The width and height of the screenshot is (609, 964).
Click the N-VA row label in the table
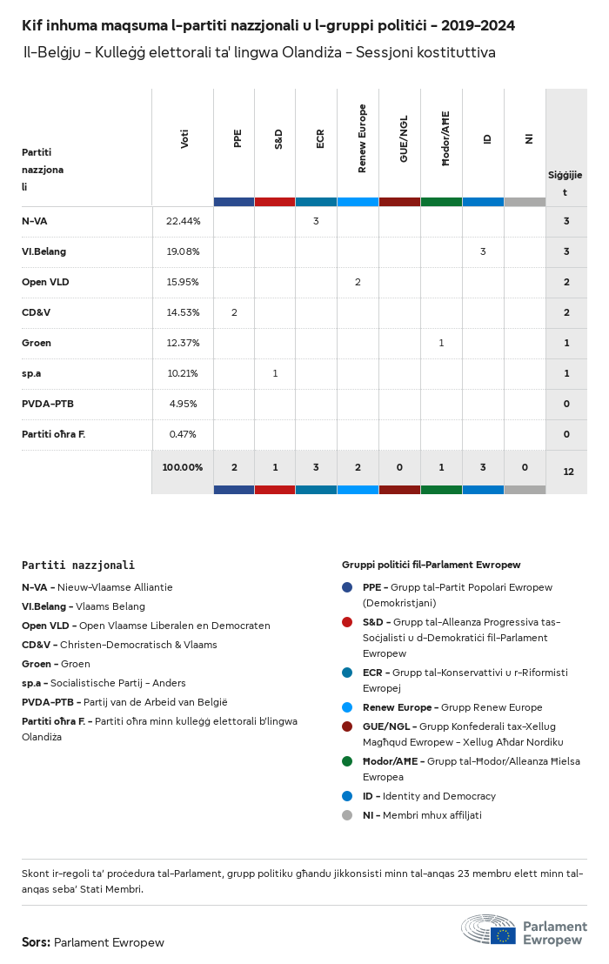pos(35,221)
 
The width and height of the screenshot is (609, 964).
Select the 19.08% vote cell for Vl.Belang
pos(183,251)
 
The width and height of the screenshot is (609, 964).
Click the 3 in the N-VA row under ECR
pos(316,221)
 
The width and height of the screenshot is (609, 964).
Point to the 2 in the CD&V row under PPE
pos(234,312)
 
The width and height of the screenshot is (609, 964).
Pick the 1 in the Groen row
pos(441,343)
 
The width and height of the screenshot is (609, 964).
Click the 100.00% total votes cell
pos(183,467)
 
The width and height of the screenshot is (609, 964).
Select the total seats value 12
pos(568,472)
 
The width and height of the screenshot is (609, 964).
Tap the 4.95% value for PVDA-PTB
pos(183,404)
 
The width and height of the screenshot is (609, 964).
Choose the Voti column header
pos(184,138)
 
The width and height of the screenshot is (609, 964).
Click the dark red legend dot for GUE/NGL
pos(347,726)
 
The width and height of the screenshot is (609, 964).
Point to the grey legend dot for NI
pos(347,815)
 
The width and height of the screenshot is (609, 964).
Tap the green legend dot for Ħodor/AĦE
pos(347,761)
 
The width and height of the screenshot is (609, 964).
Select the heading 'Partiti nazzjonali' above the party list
pos(78,566)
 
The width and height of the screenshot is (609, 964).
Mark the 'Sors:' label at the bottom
pos(36,942)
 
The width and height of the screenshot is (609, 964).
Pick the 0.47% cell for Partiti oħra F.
pos(183,434)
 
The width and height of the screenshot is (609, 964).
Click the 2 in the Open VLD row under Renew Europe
pos(358,282)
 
